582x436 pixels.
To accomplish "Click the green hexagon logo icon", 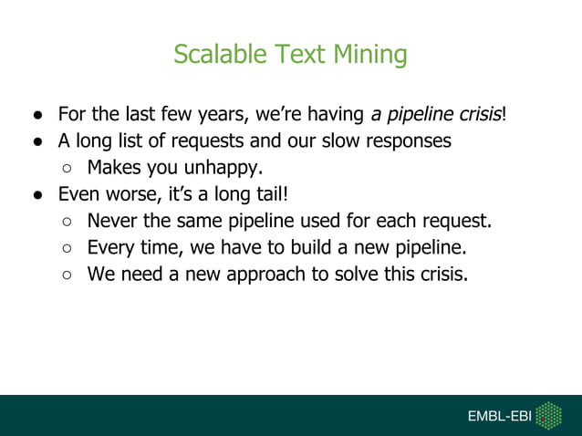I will [547, 415].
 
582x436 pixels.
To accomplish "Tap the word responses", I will [407, 141].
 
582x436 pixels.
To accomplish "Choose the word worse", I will [129, 194].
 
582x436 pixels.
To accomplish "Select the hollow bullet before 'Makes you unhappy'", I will [68, 169].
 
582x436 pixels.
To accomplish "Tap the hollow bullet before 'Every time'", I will [68, 248].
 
